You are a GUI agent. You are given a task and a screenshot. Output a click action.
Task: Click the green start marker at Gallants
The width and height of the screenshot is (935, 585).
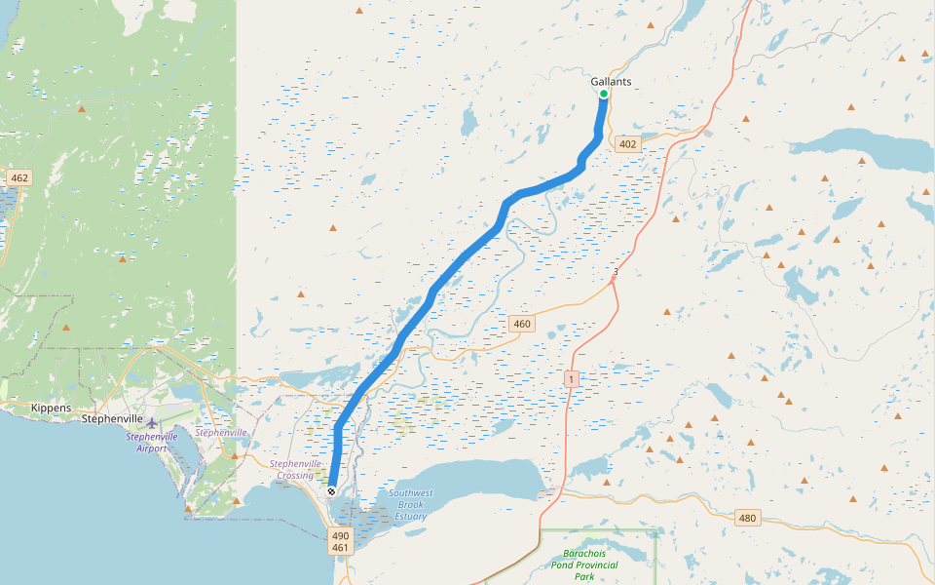point(604,94)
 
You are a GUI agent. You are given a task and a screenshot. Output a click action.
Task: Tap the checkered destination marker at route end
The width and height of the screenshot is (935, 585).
point(332,491)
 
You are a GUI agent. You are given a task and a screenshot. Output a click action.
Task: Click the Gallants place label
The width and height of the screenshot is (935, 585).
point(611,82)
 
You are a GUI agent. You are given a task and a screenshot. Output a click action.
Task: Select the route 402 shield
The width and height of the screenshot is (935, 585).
point(627,144)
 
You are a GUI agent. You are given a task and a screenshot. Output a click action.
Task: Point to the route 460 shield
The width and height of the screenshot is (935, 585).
point(521,324)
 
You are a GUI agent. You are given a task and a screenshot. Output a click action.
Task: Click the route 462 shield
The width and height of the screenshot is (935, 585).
point(19,177)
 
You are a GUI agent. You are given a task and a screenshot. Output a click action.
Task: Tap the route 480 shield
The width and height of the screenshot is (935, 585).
point(747,518)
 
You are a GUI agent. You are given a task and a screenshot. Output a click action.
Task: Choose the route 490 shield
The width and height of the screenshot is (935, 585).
point(340,535)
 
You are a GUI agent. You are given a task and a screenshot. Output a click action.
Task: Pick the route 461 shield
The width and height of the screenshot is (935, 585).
point(340,548)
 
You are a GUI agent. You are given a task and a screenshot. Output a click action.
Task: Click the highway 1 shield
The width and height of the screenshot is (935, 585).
point(571,377)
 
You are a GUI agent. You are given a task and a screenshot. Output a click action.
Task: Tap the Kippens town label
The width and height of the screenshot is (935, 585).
point(50,408)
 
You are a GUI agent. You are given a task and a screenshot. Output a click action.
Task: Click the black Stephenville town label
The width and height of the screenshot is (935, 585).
point(113,418)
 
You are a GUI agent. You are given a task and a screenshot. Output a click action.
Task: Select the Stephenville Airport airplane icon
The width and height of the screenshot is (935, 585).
point(152,422)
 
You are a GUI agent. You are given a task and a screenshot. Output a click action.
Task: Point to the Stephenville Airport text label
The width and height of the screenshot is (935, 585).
point(152,443)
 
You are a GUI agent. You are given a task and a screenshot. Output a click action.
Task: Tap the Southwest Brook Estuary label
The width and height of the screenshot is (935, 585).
point(410,504)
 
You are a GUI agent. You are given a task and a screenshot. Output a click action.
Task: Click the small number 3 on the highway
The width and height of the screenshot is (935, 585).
point(617,272)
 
